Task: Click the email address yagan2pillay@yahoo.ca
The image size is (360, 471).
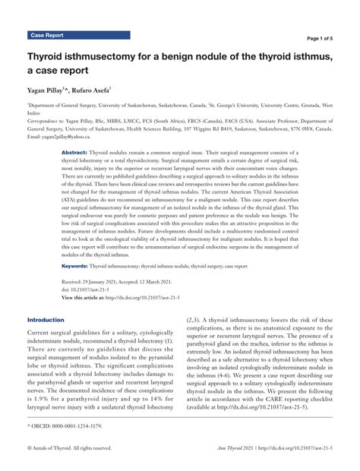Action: click(68, 137)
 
